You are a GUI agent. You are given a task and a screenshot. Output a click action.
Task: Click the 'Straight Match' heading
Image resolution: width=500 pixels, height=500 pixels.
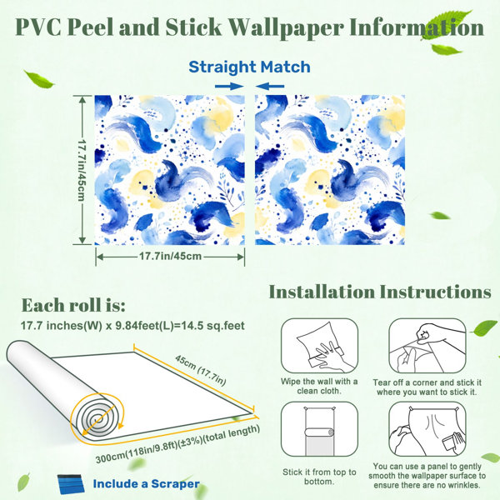(x=249, y=67)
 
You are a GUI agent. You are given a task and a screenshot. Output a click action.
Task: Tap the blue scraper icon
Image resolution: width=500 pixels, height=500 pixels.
(x=71, y=484)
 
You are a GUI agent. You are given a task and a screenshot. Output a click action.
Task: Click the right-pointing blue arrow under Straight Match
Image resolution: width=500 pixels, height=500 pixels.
(x=229, y=86)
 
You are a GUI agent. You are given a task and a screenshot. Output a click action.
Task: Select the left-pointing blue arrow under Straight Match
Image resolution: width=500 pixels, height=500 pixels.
(x=270, y=86)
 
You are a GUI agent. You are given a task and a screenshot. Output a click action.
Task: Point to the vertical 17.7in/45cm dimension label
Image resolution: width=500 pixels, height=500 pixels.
(x=82, y=170)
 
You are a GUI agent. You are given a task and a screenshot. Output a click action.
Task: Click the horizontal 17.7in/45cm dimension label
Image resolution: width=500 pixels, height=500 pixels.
(x=170, y=256)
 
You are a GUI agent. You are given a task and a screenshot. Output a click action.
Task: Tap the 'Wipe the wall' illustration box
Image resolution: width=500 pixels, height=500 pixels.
(x=319, y=346)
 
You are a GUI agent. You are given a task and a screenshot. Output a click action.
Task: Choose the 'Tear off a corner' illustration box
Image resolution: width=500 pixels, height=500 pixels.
(x=427, y=346)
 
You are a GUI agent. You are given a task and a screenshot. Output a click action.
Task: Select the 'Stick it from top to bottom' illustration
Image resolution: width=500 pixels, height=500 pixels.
(x=319, y=429)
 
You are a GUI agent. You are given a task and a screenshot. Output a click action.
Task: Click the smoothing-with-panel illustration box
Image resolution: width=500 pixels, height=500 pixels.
(x=427, y=429)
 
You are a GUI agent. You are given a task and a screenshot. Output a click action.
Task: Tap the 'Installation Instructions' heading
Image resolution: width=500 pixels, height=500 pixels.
(x=380, y=292)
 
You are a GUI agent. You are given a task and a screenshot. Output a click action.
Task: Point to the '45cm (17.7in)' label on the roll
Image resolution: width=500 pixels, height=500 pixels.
(x=201, y=370)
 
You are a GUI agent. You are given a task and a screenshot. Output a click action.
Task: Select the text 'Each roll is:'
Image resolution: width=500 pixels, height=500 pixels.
(x=73, y=305)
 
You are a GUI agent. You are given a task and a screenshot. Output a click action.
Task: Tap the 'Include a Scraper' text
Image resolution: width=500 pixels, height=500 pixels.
(x=147, y=483)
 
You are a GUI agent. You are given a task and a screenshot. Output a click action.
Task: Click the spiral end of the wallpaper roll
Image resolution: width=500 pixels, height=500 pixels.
(x=96, y=417)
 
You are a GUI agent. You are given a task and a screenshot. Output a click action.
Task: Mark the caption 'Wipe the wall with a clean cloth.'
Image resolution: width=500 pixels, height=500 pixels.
(x=319, y=386)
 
